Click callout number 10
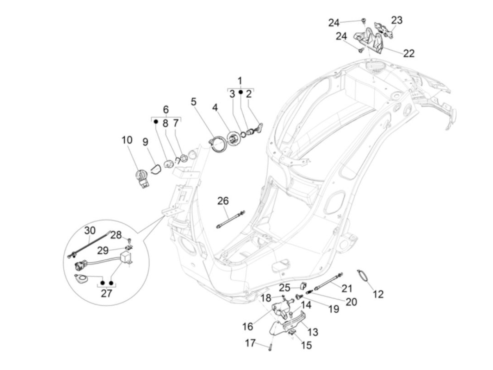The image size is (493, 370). [x=127, y=140]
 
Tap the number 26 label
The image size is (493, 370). [x=223, y=201]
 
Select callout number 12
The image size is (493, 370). [x=378, y=294]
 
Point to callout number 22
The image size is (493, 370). [x=408, y=53]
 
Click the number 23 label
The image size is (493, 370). [x=397, y=20]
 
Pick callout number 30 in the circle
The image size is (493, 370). [x=90, y=230]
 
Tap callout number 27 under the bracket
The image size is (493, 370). [x=106, y=293]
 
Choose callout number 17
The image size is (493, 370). [x=250, y=343]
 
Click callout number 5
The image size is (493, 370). [x=194, y=102]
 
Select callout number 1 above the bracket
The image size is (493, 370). [x=240, y=81]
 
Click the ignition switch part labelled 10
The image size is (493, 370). [x=142, y=179]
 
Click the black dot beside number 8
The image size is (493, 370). [x=155, y=122]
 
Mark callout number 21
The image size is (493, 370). [x=347, y=288]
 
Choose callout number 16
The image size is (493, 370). [x=248, y=326]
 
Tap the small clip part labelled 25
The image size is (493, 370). [x=302, y=286]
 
